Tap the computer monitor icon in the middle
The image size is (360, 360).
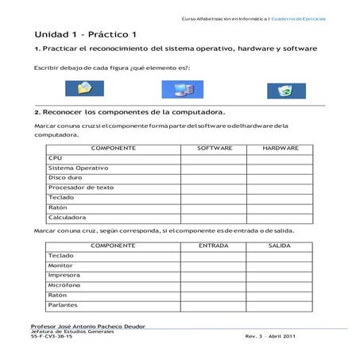coord(172,89)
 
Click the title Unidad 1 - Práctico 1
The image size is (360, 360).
coord(86,35)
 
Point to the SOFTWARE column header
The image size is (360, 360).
coord(214,149)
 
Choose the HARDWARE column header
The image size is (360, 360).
coord(280,149)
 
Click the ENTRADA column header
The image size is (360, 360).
coord(214,246)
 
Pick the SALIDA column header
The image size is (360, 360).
coord(280,246)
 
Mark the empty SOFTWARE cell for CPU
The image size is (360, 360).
coord(214,158)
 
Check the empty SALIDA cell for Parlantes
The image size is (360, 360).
coord(280,304)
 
